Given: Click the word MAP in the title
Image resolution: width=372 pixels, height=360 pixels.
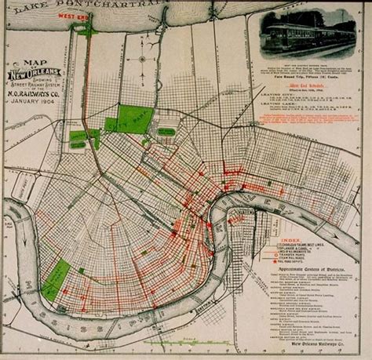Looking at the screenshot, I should point(33,64).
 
